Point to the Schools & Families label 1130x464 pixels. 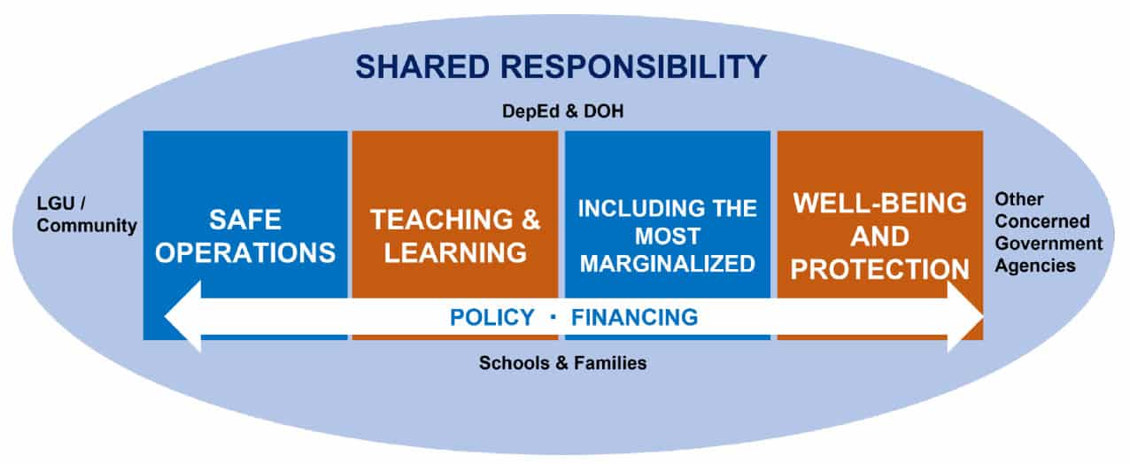click(x=562, y=362)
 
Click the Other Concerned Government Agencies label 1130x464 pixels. click(x=1048, y=232)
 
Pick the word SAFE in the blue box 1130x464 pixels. click(x=245, y=220)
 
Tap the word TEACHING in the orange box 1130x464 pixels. click(x=429, y=220)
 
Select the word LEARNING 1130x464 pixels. click(x=456, y=252)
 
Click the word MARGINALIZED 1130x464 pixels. click(x=667, y=263)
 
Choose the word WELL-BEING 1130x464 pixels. click(x=879, y=203)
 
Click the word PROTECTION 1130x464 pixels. click(x=879, y=269)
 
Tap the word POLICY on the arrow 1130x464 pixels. click(x=491, y=317)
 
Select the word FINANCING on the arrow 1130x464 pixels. click(x=634, y=317)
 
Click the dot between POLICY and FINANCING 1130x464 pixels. click(x=553, y=316)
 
